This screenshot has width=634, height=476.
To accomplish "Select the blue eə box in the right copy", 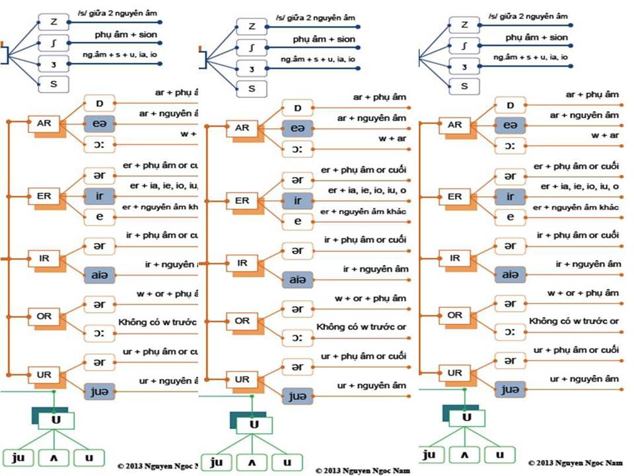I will (x=510, y=125).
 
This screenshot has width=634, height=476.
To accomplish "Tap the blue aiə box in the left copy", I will (x=99, y=272).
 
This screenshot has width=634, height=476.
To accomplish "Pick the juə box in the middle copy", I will (x=297, y=396).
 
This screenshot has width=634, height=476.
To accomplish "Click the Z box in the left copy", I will (x=53, y=22).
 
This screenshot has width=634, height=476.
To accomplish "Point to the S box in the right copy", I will (x=465, y=85).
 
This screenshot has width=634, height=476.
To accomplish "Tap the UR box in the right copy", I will (x=454, y=373).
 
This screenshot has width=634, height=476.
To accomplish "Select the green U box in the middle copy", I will (x=254, y=424).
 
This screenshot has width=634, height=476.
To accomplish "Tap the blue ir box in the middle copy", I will (x=297, y=200).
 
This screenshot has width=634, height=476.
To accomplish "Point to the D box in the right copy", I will (x=510, y=104).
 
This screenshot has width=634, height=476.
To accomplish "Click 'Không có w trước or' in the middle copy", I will (x=361, y=327).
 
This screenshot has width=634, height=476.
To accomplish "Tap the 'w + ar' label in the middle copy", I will (x=392, y=139).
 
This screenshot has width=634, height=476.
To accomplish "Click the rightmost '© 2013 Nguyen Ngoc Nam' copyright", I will (x=577, y=462).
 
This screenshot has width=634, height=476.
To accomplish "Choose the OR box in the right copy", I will (x=454, y=315).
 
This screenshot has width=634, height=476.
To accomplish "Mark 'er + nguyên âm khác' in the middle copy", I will (x=363, y=211).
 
